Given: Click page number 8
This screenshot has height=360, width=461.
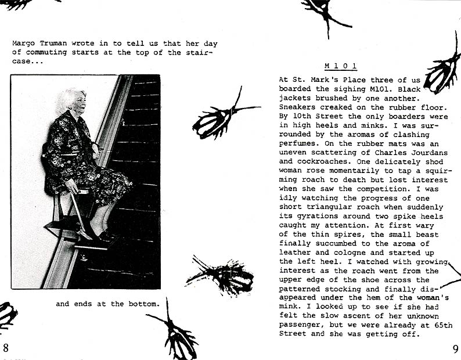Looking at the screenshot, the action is pyautogui.click(x=6, y=348).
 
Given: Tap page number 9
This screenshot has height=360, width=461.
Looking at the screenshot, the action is pyautogui.click(x=455, y=348).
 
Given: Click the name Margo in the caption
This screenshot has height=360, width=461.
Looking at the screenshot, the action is pyautogui.click(x=23, y=43).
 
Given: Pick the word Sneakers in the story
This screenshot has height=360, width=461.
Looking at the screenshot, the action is pyautogui.click(x=298, y=107).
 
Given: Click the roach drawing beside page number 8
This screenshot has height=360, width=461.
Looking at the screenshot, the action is pyautogui.click(x=7, y=315).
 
